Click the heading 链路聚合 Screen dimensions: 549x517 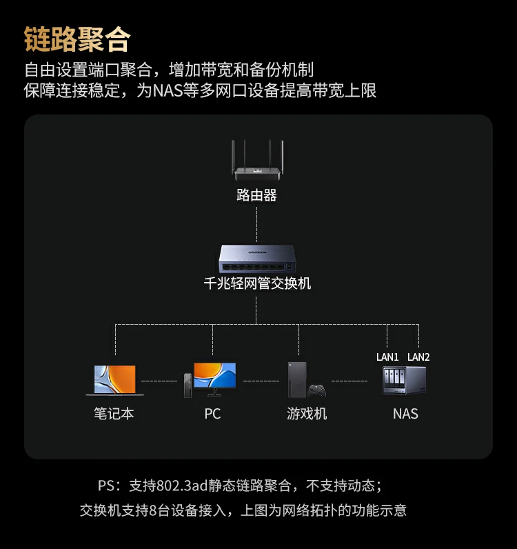(77, 39)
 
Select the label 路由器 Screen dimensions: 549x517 (256, 195)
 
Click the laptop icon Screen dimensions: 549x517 (115, 380)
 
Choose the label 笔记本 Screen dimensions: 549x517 (114, 414)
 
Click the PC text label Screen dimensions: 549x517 (212, 414)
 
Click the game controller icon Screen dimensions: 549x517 (317, 390)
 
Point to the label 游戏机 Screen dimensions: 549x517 (307, 414)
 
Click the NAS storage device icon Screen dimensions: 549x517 (405, 381)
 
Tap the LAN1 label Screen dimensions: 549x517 (387, 357)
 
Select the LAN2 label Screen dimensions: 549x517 (418, 357)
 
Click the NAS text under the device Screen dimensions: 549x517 (405, 414)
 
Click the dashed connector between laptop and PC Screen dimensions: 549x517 (160, 381)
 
